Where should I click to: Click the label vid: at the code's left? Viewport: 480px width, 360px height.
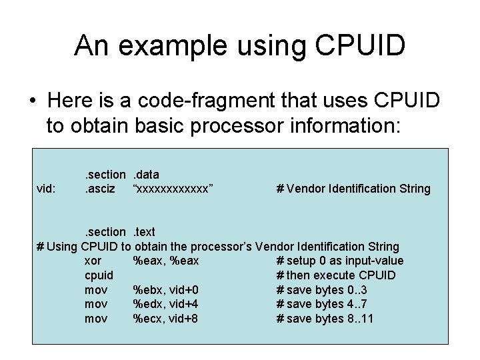(47, 189)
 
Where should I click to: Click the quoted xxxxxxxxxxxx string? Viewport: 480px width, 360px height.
(173, 189)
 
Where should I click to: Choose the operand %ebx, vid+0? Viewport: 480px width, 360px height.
(166, 290)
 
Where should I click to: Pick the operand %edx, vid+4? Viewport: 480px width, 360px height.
(166, 304)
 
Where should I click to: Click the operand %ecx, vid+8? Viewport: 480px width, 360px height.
(166, 319)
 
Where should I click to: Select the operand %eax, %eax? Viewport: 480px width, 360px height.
(166, 261)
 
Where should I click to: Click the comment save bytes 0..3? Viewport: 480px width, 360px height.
(325, 290)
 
